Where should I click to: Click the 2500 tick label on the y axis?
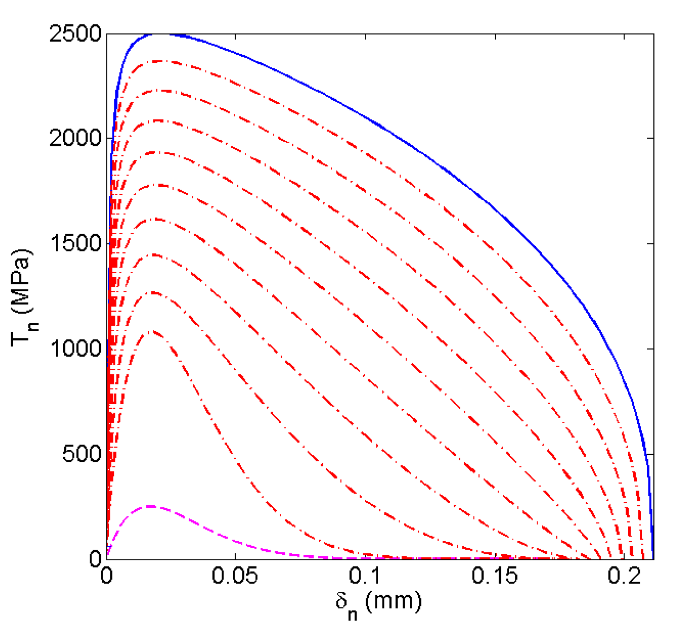(75, 34)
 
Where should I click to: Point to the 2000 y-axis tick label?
(75, 138)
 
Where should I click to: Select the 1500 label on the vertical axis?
(75, 243)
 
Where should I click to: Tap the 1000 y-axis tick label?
(75, 348)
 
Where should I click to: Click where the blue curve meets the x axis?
(653, 557)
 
